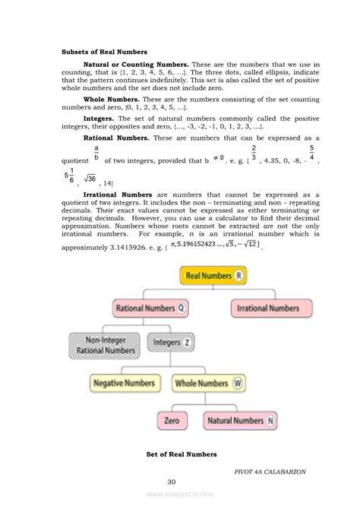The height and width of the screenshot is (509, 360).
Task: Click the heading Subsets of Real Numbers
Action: [x=104, y=52]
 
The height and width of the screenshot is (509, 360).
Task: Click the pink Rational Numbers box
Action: [x=151, y=308]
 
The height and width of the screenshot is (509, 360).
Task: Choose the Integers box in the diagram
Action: [x=172, y=343]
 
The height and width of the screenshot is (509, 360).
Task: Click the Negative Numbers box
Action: [x=126, y=384]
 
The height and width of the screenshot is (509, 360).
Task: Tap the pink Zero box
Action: [x=172, y=420]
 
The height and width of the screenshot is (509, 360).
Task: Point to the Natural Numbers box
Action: [x=241, y=420]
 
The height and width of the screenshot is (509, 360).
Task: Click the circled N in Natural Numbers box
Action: [x=271, y=420]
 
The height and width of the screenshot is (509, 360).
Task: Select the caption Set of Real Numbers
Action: [x=182, y=454]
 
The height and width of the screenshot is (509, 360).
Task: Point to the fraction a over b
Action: [x=96, y=155]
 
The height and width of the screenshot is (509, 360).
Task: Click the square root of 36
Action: [x=90, y=179]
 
